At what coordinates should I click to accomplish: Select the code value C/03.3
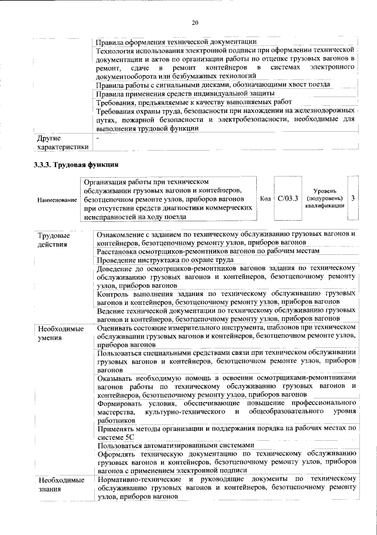click(288, 199)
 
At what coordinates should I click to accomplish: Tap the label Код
click(264, 199)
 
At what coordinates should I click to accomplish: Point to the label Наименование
click(57, 200)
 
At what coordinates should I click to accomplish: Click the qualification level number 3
click(352, 199)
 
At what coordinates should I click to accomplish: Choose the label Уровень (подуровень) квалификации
click(325, 199)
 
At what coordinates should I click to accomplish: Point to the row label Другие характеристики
click(62, 142)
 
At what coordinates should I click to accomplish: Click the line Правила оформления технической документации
click(176, 42)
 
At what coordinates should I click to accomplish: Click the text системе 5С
click(117, 437)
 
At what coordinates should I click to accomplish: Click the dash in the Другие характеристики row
click(99, 138)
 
